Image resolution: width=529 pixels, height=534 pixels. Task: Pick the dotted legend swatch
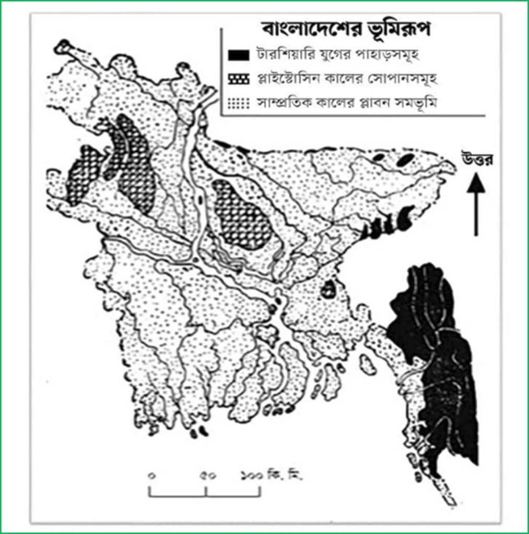coord(238,104)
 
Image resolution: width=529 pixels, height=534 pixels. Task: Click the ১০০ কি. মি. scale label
coord(272,476)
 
